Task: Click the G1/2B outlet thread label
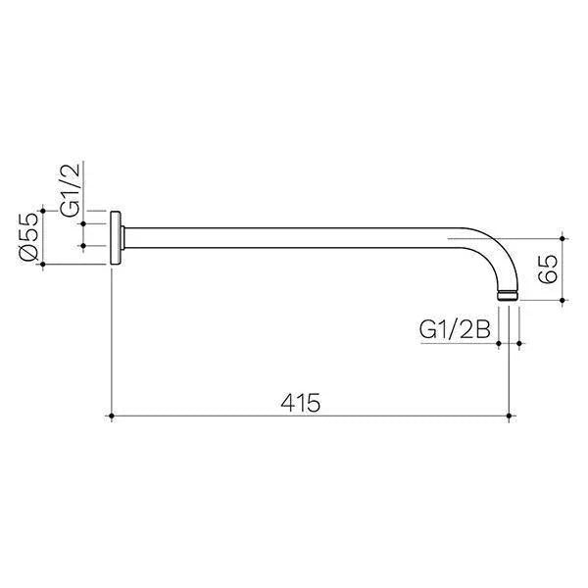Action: click(454, 329)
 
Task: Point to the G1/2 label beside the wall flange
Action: click(72, 192)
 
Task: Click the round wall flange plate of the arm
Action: click(117, 237)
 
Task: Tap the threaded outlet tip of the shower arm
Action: click(508, 294)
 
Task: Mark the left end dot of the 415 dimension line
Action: click(112, 417)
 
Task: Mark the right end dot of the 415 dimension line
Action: click(508, 417)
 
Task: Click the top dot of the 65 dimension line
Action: click(563, 237)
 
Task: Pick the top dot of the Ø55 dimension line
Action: click(43, 210)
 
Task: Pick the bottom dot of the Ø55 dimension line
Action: click(43, 265)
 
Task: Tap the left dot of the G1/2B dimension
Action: click(499, 343)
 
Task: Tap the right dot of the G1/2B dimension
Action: click(517, 343)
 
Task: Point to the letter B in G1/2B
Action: click(481, 329)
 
